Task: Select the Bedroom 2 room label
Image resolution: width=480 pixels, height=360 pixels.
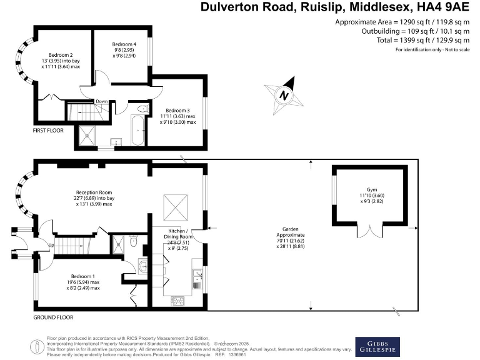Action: pos(62,55)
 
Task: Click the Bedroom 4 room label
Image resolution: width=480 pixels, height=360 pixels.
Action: pos(123,44)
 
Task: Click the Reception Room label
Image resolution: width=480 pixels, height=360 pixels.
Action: pos(94,192)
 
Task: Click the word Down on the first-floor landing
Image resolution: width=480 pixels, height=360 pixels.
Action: pos(101,101)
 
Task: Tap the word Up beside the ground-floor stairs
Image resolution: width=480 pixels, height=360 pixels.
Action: pos(51,246)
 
